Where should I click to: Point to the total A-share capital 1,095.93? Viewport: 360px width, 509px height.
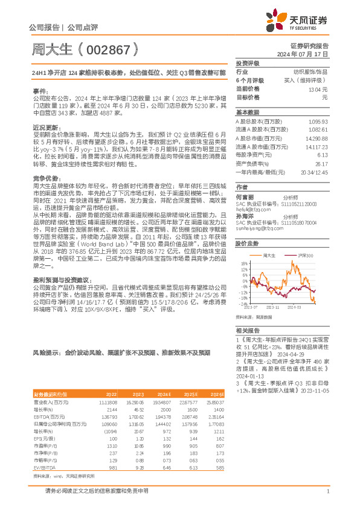tap(318, 121)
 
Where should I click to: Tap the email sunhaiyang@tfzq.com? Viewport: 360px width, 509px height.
tap(259, 229)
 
